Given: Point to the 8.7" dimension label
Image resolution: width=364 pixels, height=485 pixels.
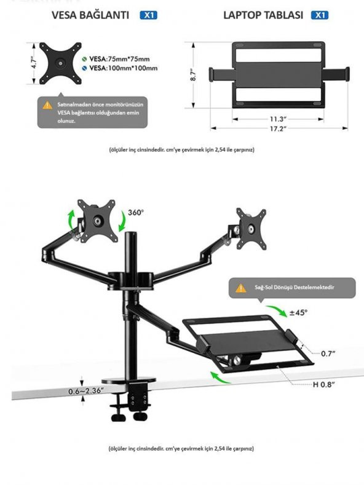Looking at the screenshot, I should [193, 76].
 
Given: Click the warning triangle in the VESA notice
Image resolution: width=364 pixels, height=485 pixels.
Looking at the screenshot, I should [48, 105].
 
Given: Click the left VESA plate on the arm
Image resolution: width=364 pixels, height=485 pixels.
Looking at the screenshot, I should [97, 219].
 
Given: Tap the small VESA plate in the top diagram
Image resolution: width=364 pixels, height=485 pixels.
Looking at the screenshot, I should [61, 62].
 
